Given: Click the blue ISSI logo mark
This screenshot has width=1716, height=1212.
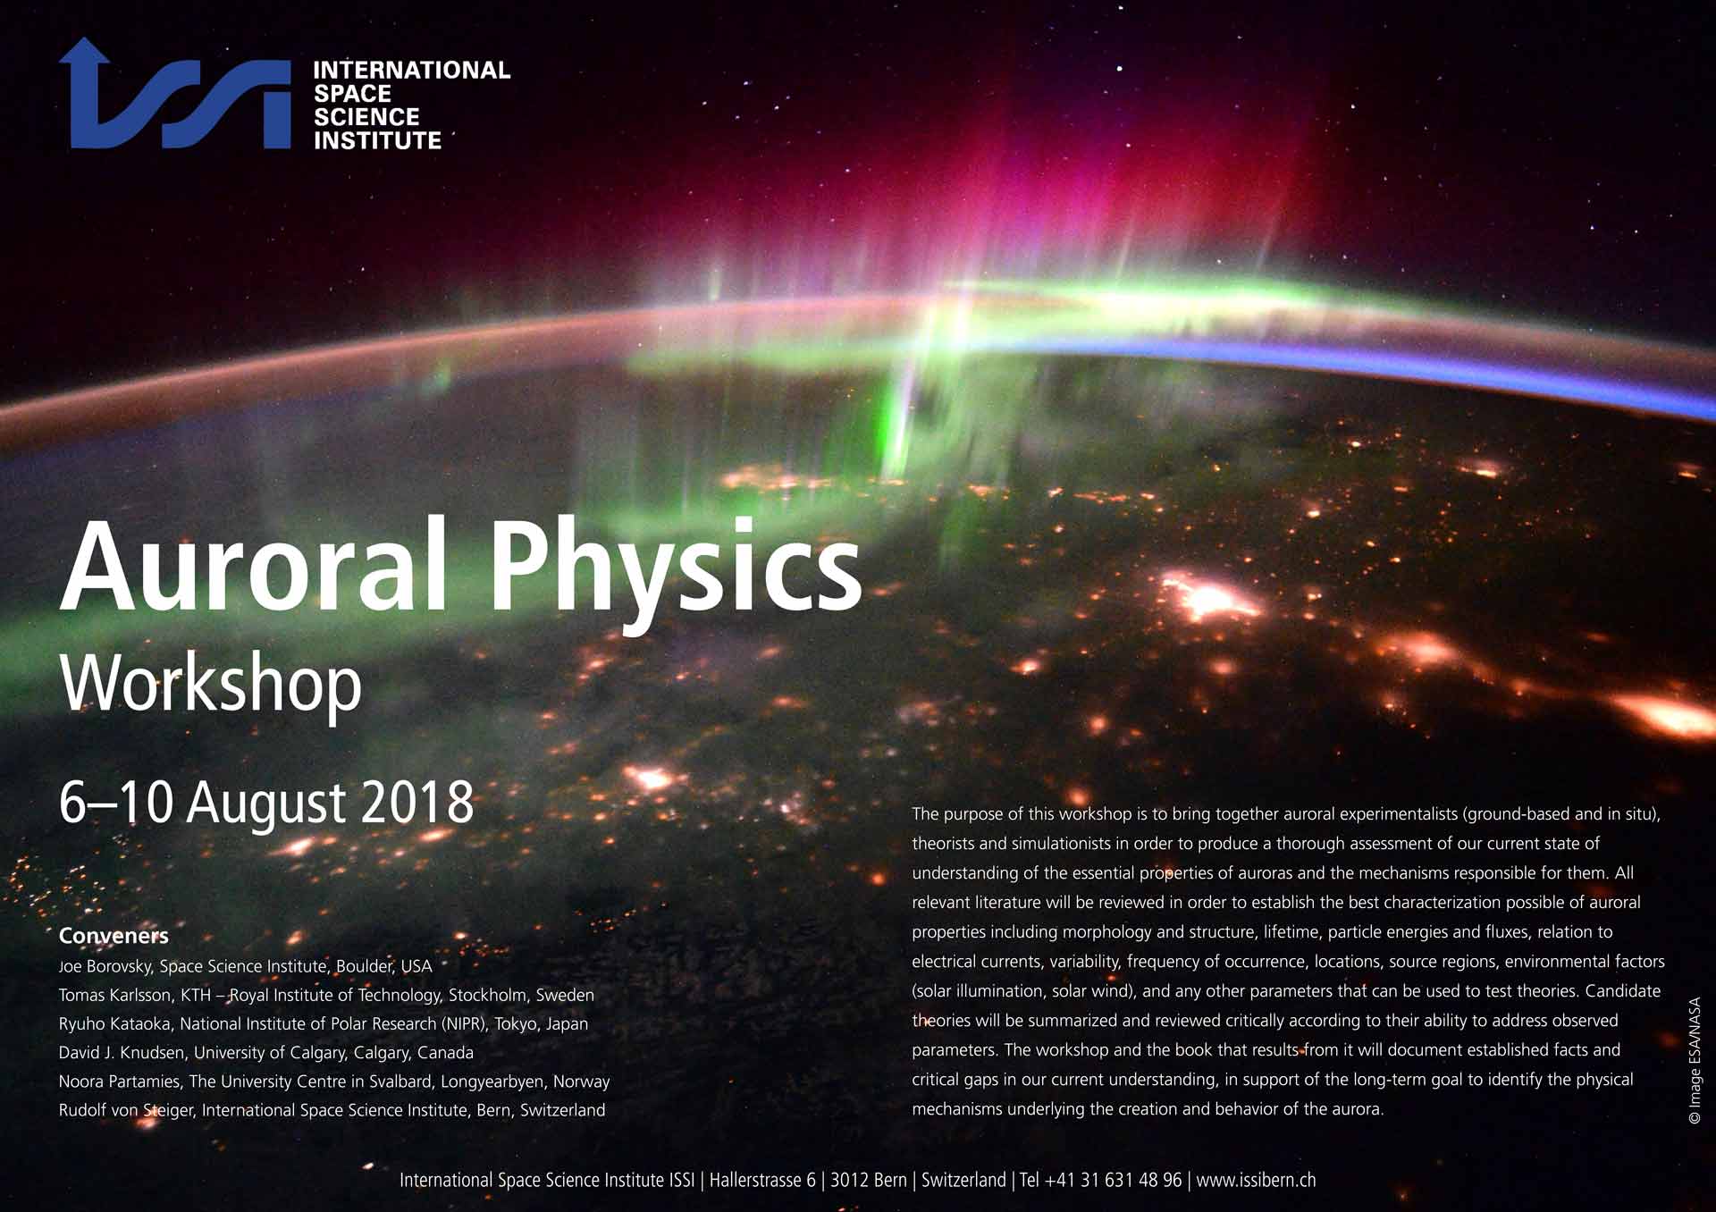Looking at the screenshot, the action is [x=175, y=94].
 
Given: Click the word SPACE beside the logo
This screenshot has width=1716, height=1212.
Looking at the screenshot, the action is [x=352, y=94].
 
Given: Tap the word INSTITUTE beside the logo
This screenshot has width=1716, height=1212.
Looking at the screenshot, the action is [x=377, y=140].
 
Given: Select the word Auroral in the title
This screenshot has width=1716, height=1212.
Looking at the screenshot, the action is [x=253, y=565].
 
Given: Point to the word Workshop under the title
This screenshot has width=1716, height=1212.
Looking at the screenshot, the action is [x=211, y=686].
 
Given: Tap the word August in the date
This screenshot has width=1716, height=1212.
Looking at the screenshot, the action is [x=266, y=805].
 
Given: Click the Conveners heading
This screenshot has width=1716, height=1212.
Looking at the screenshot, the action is [x=114, y=936].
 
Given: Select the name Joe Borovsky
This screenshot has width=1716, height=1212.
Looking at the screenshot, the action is [x=105, y=966].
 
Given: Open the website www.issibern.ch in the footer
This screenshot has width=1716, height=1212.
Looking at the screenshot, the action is [x=1256, y=1180].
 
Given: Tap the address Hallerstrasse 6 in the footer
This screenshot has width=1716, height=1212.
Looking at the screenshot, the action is [x=762, y=1180].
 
